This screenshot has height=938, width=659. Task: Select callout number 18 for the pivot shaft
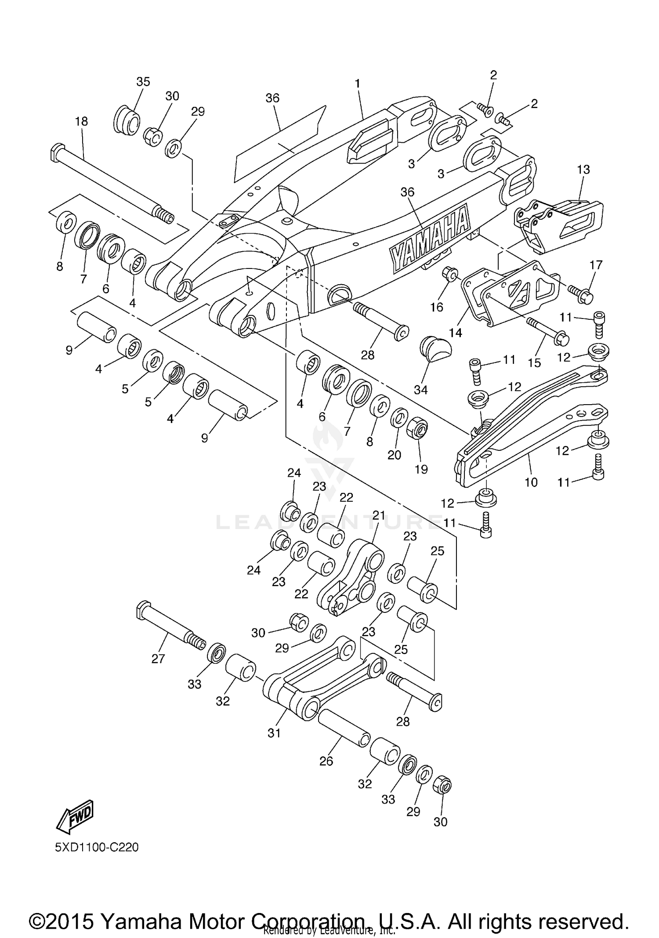tap(81, 122)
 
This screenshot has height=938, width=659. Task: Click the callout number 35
tap(143, 82)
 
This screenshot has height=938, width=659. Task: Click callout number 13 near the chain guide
tap(583, 169)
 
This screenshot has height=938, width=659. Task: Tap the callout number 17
tap(596, 265)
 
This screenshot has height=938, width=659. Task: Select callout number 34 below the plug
tap(420, 389)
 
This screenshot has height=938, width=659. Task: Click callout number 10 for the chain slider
tap(531, 482)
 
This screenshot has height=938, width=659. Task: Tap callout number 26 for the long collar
tap(326, 761)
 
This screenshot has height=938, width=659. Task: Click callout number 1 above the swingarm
tap(357, 83)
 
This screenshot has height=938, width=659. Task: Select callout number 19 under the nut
tap(421, 469)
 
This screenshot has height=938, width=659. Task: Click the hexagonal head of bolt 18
tap(58, 152)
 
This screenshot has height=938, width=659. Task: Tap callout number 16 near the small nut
tap(436, 307)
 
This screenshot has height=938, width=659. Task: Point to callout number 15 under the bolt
tap(534, 363)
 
